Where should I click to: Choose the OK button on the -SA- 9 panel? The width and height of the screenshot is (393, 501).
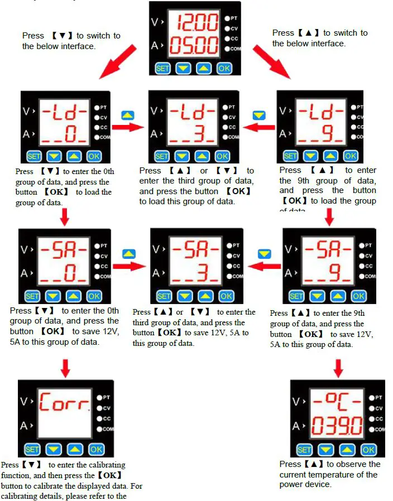358,296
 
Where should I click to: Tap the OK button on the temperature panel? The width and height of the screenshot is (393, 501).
368,449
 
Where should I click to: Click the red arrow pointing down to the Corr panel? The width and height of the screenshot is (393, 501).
65,367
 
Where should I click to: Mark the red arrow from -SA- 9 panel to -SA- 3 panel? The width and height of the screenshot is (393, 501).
265,267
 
